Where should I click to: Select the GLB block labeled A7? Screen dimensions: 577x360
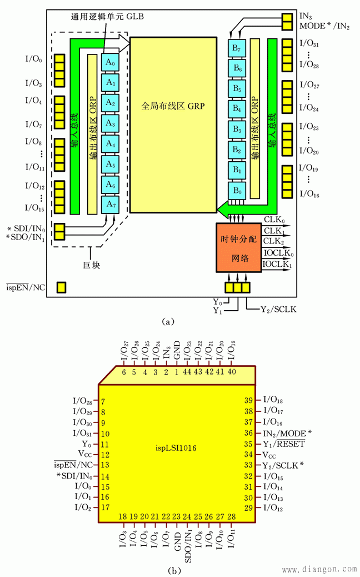tap(110, 205)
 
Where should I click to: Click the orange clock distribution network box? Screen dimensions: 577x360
tap(238, 248)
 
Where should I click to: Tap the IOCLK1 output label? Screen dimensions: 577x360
tap(278, 265)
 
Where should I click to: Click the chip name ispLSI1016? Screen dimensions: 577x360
tap(177, 446)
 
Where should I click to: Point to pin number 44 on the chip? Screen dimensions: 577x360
tap(187, 372)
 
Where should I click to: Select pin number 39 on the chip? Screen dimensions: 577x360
tap(249, 400)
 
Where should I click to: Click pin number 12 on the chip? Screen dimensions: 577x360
tap(104, 455)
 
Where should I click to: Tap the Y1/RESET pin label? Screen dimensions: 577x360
tap(283, 444)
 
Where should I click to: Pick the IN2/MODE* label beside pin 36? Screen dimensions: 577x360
tap(287, 433)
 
